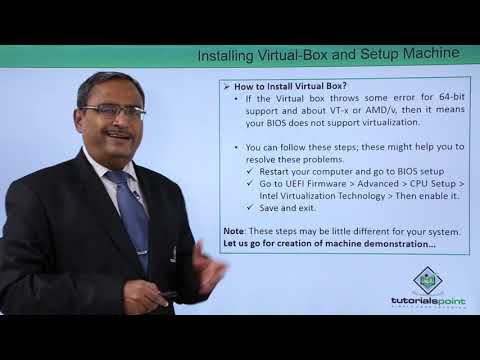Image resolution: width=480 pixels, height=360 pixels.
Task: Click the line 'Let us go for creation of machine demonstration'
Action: point(329,244)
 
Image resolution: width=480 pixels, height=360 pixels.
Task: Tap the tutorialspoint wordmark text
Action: point(428,302)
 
